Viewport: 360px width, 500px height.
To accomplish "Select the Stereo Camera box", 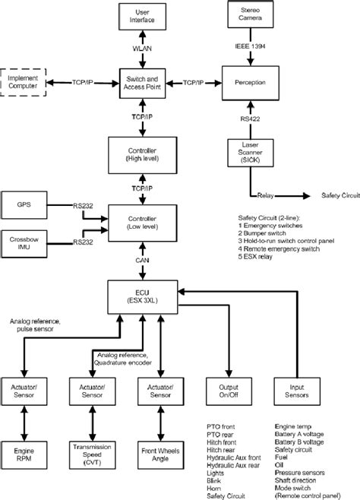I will click(250, 15).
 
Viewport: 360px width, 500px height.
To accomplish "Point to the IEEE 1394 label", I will click(250, 48).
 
